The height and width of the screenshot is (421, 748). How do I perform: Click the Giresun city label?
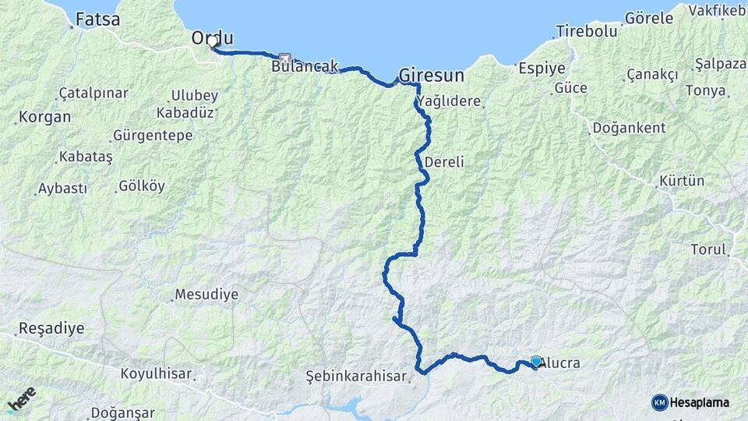pyautogui.click(x=431, y=76)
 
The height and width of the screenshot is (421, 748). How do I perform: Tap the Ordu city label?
pyautogui.click(x=213, y=38)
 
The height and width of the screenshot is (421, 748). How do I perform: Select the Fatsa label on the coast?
pyautogui.click(x=97, y=19)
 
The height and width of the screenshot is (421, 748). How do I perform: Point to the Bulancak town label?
pyautogui.click(x=305, y=67)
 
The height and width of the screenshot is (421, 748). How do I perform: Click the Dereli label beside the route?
pyautogui.click(x=445, y=162)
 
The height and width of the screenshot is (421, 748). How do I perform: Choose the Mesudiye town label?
pyautogui.click(x=206, y=295)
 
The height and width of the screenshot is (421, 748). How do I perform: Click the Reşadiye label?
pyautogui.click(x=51, y=328)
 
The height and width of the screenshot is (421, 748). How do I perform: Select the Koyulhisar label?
pyautogui.click(x=156, y=373)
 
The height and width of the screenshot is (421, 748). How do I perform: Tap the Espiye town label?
pyautogui.click(x=542, y=68)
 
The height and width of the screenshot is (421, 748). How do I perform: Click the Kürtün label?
pyautogui.click(x=681, y=181)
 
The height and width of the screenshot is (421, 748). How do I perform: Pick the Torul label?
pyautogui.click(x=707, y=249)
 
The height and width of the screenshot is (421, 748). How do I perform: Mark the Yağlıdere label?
pyautogui.click(x=449, y=101)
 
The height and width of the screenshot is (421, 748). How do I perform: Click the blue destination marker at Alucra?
pyautogui.click(x=536, y=361)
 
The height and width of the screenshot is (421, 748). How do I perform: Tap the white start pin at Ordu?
pyautogui.click(x=212, y=44)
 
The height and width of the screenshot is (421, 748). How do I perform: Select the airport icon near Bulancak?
pyautogui.click(x=284, y=57)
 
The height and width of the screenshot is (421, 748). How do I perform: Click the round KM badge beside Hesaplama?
pyautogui.click(x=659, y=402)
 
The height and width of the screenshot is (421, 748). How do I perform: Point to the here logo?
pyautogui.click(x=21, y=400)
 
